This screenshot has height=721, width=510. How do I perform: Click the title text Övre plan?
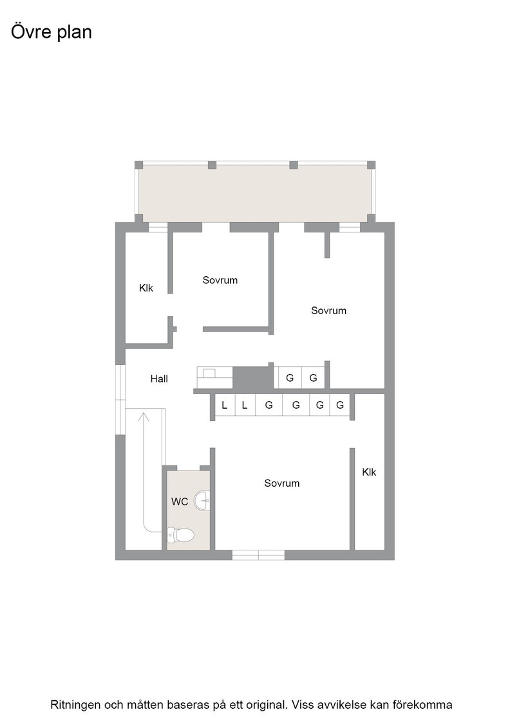[x=52, y=32]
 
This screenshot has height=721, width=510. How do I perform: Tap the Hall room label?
[x=159, y=379]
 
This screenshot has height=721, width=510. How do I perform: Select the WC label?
[x=180, y=501]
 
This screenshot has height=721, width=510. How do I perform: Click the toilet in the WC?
[x=180, y=535]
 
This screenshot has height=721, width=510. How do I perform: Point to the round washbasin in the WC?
[x=202, y=500]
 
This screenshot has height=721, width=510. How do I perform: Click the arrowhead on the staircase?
[x=144, y=417]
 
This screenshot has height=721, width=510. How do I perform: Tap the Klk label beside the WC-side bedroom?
[x=369, y=473]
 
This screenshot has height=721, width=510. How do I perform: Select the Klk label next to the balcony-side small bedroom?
[x=146, y=288]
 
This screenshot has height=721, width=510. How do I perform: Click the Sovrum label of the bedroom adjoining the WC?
[x=281, y=483]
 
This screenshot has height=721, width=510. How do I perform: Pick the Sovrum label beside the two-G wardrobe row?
[x=328, y=311]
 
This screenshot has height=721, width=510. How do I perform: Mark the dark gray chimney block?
[x=253, y=377]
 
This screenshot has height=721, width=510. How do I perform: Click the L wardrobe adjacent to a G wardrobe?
[x=245, y=405]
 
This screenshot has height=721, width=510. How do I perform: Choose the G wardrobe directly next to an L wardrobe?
[x=269, y=405]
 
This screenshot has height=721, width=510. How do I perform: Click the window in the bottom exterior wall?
[x=258, y=555]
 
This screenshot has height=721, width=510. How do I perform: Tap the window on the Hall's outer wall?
[x=120, y=399]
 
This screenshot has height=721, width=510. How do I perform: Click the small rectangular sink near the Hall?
[x=210, y=373]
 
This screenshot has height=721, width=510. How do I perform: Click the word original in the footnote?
[x=269, y=705]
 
